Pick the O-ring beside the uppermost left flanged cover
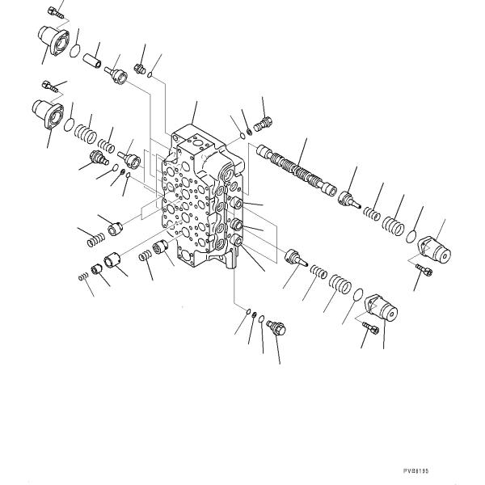click(x=74, y=52)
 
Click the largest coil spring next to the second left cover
click(x=84, y=129)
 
